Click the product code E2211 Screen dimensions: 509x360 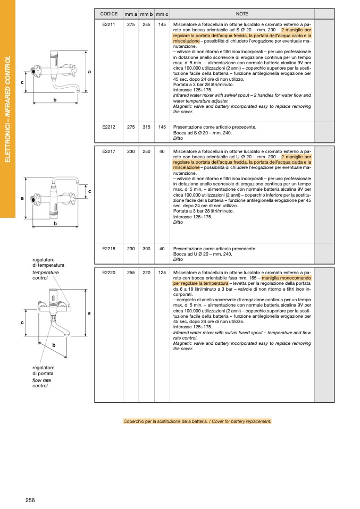tap(108, 24)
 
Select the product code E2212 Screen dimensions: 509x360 tap(108, 127)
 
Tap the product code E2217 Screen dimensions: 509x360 tap(108, 151)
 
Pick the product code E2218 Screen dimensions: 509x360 tap(108, 249)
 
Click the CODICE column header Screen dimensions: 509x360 tap(108, 13)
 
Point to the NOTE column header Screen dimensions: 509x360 tap(242, 13)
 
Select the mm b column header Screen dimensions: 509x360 tap(146, 13)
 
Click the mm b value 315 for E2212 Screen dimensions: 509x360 tap(146, 127)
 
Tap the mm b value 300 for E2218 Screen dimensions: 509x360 tap(146, 249)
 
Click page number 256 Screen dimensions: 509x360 tap(30, 500)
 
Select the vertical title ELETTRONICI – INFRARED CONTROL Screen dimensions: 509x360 tap(8, 109)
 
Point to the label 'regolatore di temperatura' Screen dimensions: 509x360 tap(48, 262)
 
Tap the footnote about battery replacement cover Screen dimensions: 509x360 tap(197, 421)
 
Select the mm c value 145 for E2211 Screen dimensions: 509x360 tap(162, 24)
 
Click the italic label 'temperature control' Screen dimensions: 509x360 tap(45, 275)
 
